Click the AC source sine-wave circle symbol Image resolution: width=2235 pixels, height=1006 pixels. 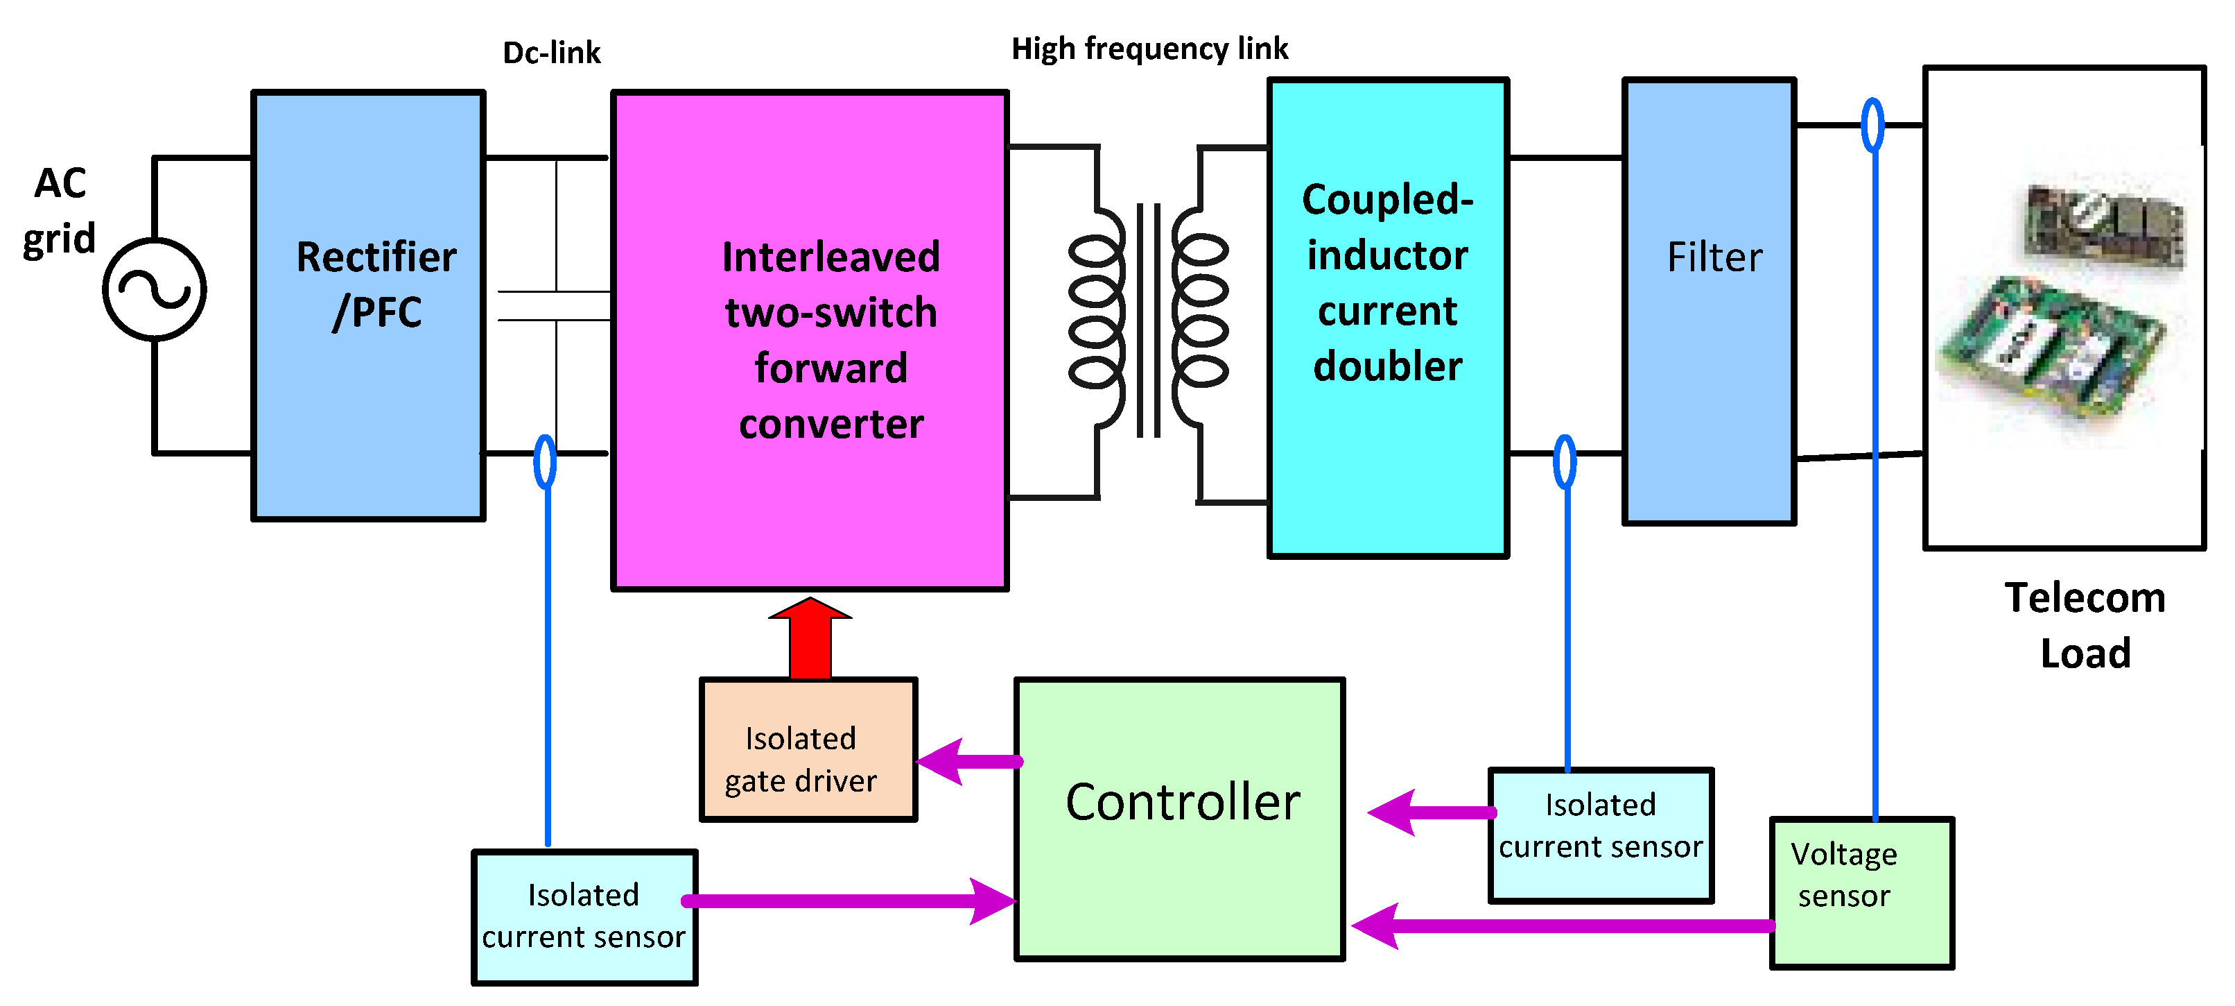pyautogui.click(x=155, y=289)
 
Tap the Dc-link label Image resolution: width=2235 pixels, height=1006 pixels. pyautogui.click(x=551, y=53)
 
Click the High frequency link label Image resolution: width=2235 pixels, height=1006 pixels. pyautogui.click(x=1149, y=49)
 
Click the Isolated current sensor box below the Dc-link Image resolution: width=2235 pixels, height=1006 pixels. pyautogui.click(x=584, y=917)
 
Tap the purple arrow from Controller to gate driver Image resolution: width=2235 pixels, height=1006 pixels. pyautogui.click(x=967, y=761)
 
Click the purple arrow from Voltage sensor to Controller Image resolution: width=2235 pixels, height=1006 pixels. pyautogui.click(x=1562, y=926)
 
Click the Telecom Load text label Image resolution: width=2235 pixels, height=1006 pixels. pyautogui.click(x=2084, y=625)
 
